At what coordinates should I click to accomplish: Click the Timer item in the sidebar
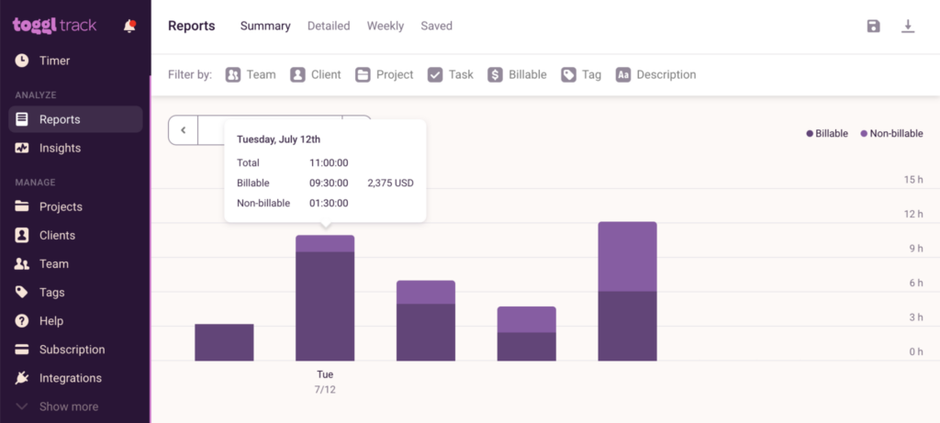54,61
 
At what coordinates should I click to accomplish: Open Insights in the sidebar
60,148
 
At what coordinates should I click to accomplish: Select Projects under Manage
61,206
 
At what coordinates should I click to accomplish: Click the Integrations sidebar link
70,378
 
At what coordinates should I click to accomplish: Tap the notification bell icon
129,26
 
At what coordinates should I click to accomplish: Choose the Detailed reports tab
329,26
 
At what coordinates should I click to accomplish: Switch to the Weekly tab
386,26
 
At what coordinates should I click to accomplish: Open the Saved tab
436,26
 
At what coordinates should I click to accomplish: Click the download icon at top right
908,26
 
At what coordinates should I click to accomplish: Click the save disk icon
873,26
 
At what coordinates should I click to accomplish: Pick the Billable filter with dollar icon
517,74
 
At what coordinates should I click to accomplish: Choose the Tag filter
582,74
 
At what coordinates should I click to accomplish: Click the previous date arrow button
184,130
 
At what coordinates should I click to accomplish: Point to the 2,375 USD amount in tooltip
390,183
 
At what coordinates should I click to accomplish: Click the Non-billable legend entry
891,133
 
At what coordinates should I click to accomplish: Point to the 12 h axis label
912,214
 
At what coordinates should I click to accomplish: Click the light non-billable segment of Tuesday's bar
325,243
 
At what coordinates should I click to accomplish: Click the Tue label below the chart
325,374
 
